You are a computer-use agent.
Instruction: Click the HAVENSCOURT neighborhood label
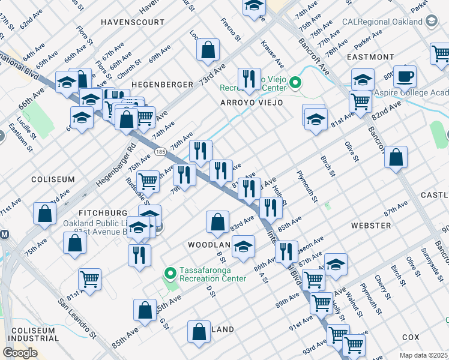133,22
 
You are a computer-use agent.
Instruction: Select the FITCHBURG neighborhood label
103,213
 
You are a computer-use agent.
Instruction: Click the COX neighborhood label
411,337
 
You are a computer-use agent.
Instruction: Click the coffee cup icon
405,76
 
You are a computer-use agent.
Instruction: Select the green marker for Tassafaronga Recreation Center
170,274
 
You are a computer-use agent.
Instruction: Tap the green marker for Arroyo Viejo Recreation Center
295,82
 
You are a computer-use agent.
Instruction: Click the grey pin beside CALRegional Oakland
430,22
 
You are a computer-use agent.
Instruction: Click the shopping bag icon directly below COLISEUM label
45,214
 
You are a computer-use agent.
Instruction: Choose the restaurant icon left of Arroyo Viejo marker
248,79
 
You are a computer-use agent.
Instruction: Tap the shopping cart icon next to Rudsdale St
148,180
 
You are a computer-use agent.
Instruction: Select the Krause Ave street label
272,54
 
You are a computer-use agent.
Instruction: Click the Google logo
20,353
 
